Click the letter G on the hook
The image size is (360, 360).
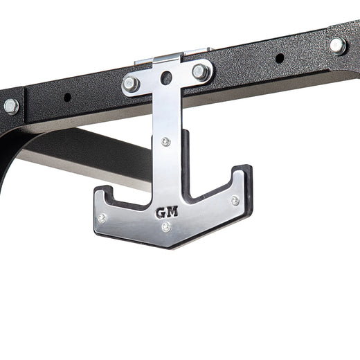coord(161,212)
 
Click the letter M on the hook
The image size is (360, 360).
coord(172,212)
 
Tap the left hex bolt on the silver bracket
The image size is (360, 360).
coord(130,84)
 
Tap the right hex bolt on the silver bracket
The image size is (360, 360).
coord(200,71)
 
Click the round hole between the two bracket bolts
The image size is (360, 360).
coord(165,78)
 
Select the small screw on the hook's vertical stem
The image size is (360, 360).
coord(165,141)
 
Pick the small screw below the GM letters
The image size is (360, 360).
coord(166,226)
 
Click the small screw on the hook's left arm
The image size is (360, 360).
coord(102,217)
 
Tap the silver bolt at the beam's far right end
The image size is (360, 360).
coord(337,45)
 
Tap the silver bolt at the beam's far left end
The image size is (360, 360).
coord(10,106)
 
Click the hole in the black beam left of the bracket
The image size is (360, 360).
coord(67,97)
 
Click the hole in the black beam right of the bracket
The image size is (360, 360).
coord(279,57)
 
